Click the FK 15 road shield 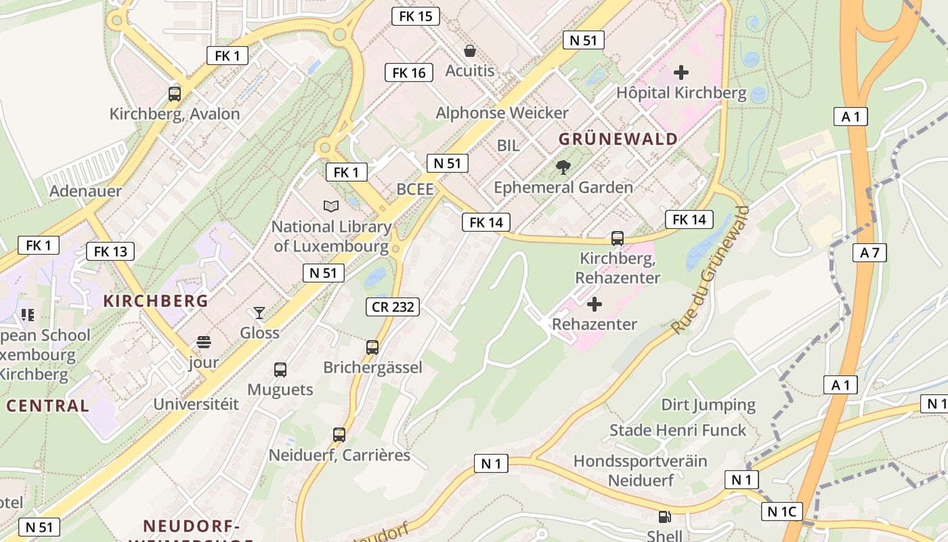pos(416,16)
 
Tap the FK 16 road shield pos(409,72)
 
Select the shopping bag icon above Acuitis pos(469,51)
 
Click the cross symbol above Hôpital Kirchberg pos(681,72)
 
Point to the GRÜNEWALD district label pos(618,140)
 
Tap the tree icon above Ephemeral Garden pos(563,167)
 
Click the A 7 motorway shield pos(869,253)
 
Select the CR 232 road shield pos(393,307)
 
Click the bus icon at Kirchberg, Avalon pos(175,94)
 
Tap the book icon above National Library pos(331,206)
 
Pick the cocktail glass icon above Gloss pos(259,312)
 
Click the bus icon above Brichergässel pos(372,348)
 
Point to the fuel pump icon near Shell pos(665,517)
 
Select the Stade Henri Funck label pos(677,430)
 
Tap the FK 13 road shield pos(110,251)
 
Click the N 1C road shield pos(781,512)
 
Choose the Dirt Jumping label pos(708,405)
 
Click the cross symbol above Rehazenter pos(595,304)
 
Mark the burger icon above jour pos(204,341)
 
